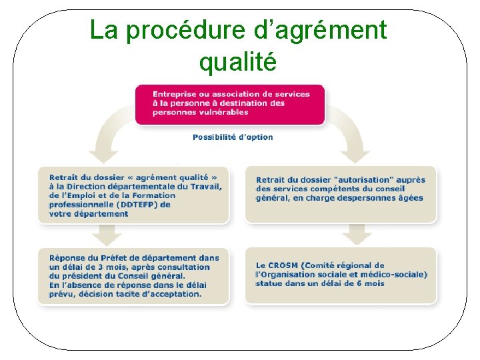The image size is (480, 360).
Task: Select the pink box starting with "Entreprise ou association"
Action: (230, 104)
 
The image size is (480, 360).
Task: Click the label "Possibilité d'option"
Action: (233, 137)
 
